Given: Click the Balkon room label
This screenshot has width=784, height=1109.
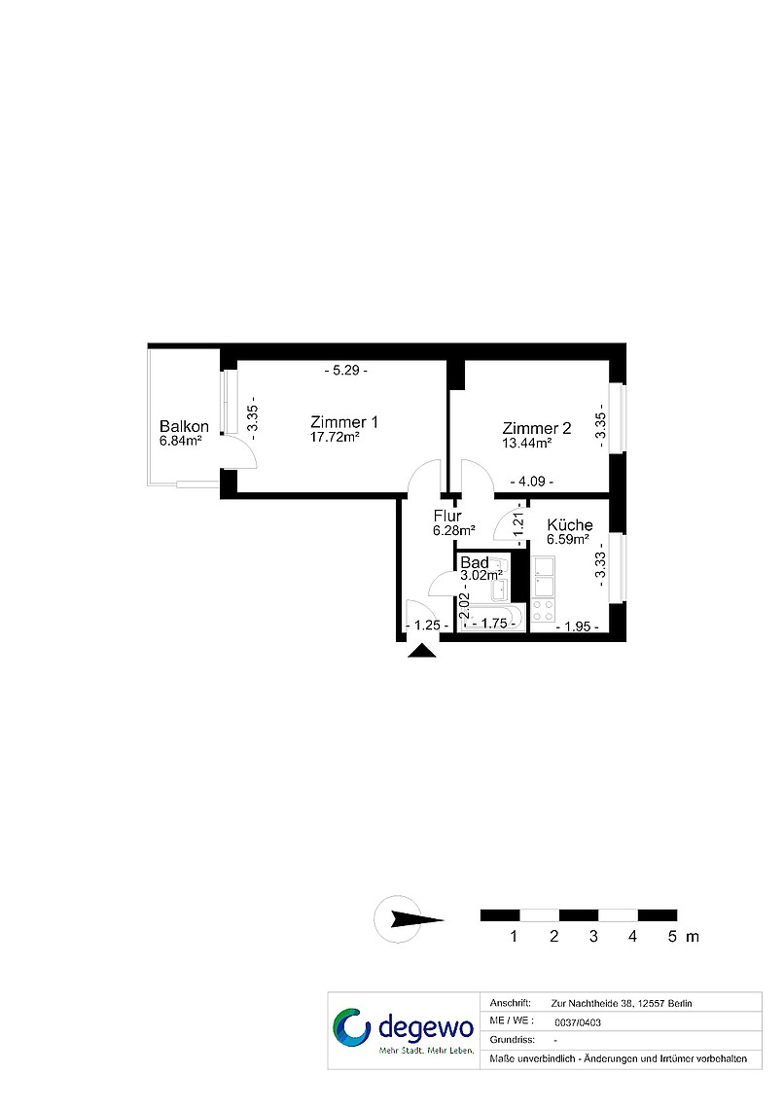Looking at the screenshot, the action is (x=184, y=426).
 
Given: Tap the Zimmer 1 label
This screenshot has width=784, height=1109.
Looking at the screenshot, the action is (x=344, y=422).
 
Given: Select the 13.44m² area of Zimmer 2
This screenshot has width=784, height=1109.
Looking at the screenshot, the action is (x=526, y=444).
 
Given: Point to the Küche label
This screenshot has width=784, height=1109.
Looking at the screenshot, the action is (x=570, y=524).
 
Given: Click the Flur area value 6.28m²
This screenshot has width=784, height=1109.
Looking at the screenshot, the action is (x=454, y=530).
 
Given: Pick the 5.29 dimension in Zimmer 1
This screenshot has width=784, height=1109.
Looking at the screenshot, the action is (x=345, y=370).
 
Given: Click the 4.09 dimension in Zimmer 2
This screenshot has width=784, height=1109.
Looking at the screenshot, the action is (x=532, y=482).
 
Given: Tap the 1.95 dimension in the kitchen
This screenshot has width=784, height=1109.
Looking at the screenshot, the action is (x=578, y=626).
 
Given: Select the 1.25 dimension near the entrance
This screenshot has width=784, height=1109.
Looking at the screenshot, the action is (x=427, y=626).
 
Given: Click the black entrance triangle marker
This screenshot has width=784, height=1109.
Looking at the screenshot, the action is (x=422, y=652).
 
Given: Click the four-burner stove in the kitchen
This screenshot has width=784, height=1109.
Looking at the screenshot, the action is (x=544, y=611).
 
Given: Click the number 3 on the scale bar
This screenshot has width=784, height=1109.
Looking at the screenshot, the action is (x=593, y=937).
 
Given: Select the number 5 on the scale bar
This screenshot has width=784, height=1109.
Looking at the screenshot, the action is (x=672, y=937).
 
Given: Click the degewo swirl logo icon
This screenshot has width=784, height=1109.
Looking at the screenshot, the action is (x=352, y=1027).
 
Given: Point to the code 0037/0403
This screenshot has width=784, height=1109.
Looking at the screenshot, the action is (x=578, y=1022).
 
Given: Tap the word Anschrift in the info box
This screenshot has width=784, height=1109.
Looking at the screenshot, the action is (x=510, y=1003).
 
